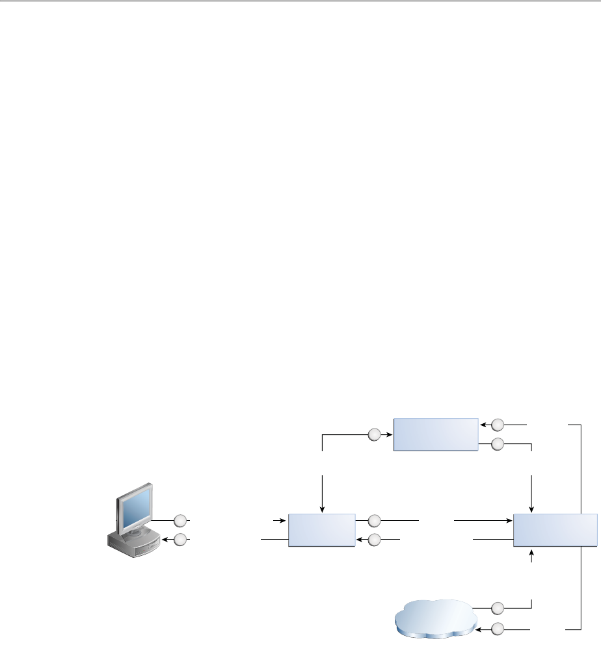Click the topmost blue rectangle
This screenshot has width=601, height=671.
[x=435, y=434]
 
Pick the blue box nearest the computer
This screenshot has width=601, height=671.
[x=321, y=529]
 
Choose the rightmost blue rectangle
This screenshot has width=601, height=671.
[x=555, y=529]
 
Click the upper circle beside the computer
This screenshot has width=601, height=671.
[x=180, y=520]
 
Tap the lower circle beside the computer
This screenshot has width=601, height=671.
[x=180, y=539]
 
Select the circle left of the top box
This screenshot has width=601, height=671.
[x=374, y=434]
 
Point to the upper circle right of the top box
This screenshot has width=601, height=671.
[x=498, y=425]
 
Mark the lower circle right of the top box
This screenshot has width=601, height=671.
[x=498, y=444]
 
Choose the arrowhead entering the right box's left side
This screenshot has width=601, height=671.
[x=509, y=520]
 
